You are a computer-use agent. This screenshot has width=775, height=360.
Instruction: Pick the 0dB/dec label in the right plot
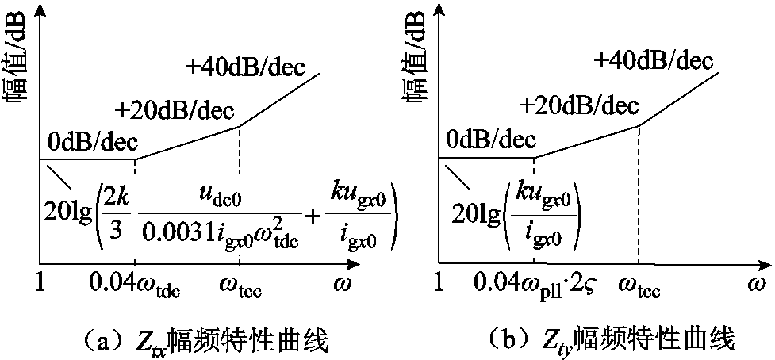[492, 142]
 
